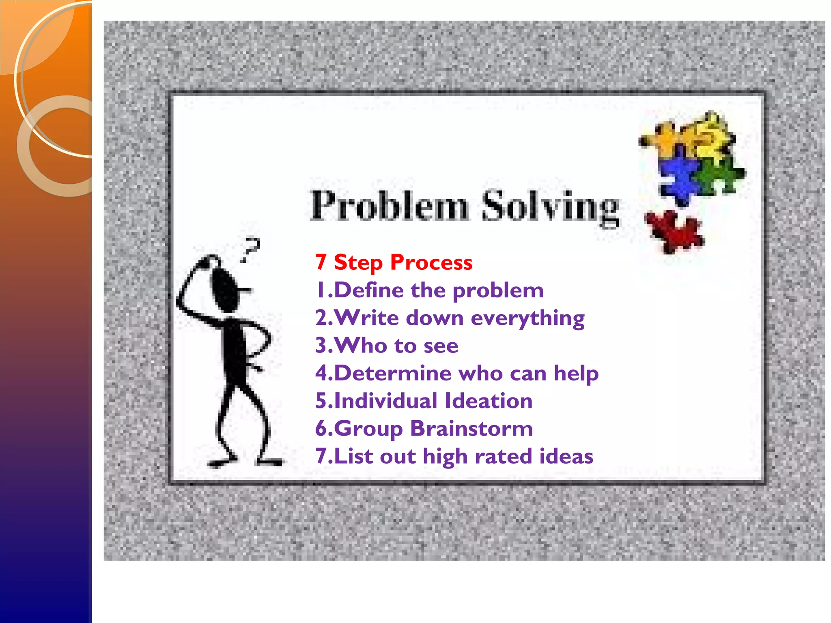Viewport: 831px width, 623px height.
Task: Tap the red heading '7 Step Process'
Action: click(x=394, y=262)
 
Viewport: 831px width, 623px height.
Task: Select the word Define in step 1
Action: click(x=369, y=290)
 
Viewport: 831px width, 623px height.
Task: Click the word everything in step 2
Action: click(x=527, y=318)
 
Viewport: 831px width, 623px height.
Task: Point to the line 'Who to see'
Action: click(x=387, y=346)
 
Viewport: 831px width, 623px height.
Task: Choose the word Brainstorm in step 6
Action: click(x=471, y=428)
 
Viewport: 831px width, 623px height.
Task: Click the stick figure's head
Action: click(x=224, y=288)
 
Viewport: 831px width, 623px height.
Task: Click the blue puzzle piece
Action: click(x=678, y=176)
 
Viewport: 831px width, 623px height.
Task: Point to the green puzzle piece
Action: click(x=720, y=174)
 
